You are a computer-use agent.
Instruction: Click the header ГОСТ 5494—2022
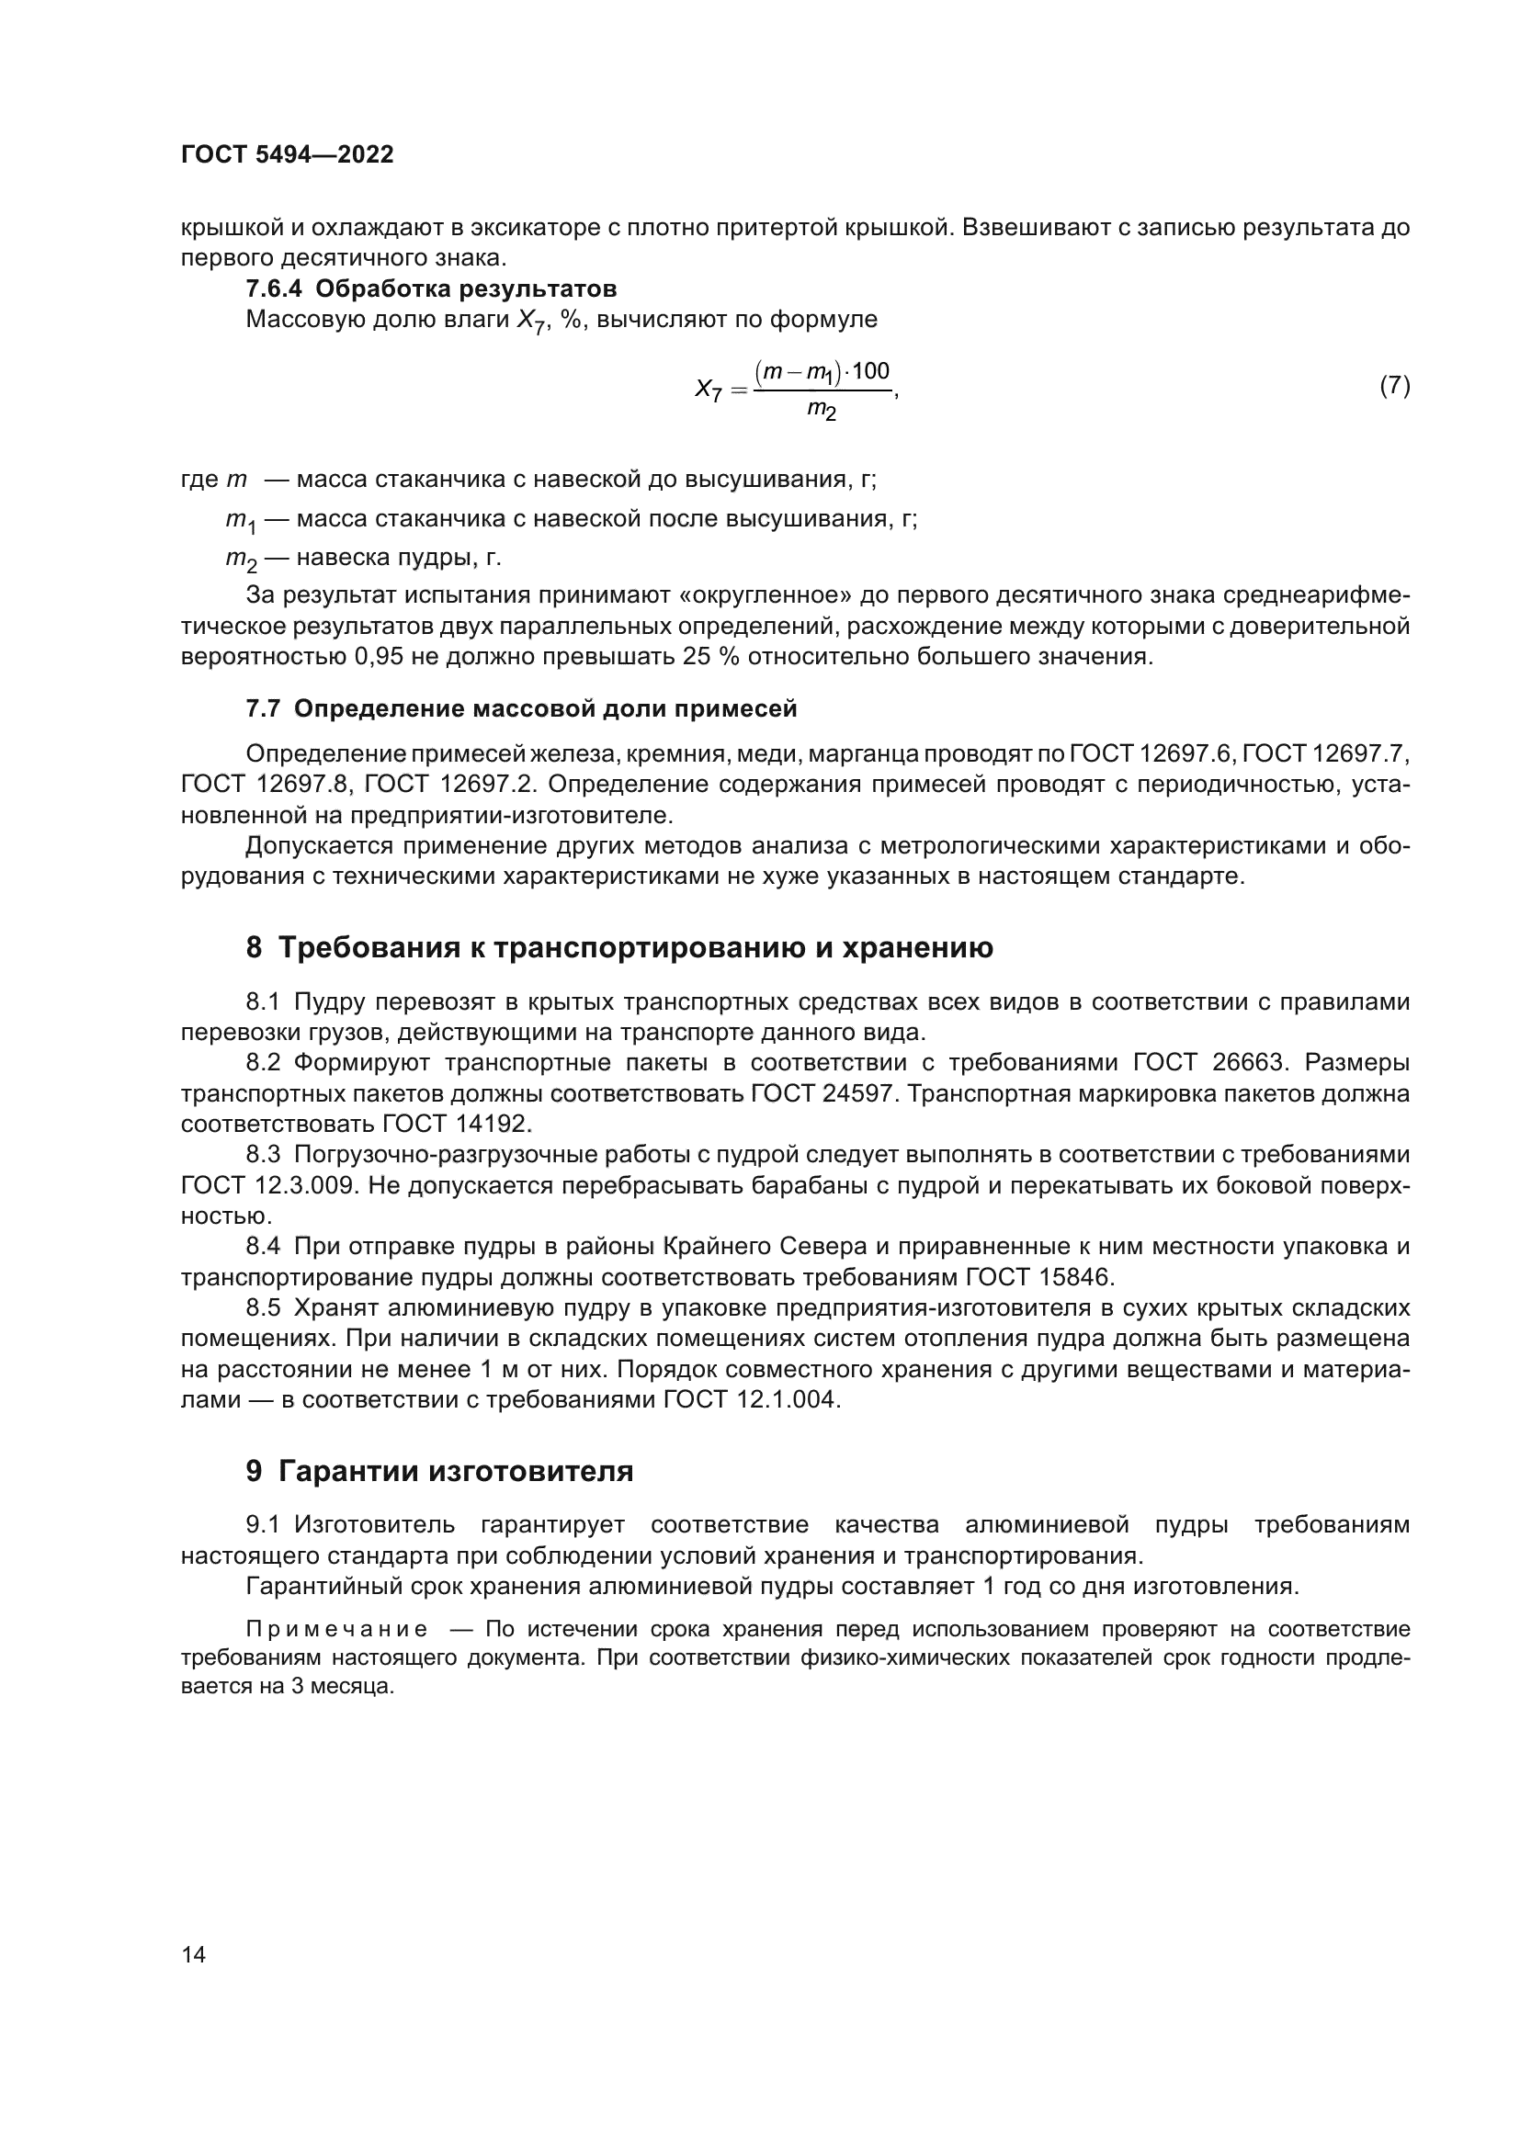point(288,154)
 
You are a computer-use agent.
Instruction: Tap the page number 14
point(194,1954)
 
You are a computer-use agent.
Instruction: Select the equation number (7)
point(1395,386)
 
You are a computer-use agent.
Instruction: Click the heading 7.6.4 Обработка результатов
point(430,288)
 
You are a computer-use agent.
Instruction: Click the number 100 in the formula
point(870,370)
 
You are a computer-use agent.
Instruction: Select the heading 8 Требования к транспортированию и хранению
point(618,947)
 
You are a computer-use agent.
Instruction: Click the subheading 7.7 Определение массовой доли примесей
point(521,708)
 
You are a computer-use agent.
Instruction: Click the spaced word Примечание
point(337,1630)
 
